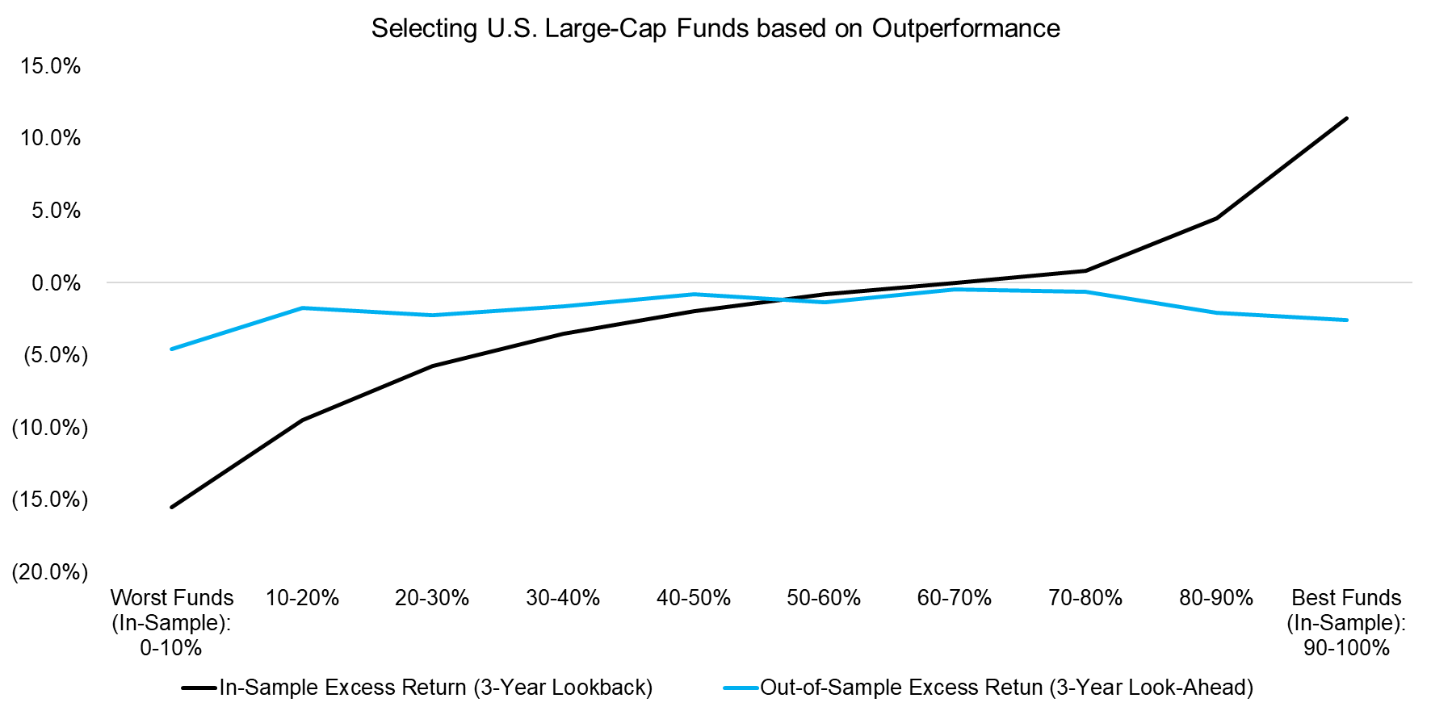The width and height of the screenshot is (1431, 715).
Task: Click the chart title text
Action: click(x=715, y=28)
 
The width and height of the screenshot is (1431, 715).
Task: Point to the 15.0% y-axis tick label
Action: click(x=51, y=66)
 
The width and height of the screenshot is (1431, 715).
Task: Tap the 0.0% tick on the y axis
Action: click(x=56, y=283)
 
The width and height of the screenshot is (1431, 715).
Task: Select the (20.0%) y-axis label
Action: click(x=49, y=572)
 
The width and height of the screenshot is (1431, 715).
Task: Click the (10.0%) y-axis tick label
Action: click(x=49, y=428)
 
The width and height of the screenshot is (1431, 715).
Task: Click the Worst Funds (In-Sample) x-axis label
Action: click(x=171, y=622)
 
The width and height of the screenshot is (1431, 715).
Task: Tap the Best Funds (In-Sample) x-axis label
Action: click(x=1346, y=622)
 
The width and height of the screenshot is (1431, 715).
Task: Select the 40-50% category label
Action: click(x=693, y=598)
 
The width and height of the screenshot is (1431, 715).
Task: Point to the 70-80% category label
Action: click(x=1085, y=598)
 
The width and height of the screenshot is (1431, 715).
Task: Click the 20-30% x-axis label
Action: click(x=432, y=598)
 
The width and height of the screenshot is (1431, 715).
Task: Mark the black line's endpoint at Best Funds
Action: click(x=1346, y=119)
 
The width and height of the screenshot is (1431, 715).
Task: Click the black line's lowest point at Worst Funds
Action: click(x=171, y=507)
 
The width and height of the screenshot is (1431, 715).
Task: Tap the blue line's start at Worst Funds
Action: click(x=171, y=349)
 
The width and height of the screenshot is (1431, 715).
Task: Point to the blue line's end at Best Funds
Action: click(x=1346, y=320)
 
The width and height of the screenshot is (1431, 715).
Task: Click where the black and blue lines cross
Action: click(x=782, y=299)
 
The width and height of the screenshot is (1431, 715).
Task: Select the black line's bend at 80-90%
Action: click(x=1215, y=218)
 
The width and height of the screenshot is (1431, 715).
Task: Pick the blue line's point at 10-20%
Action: click(x=302, y=307)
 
